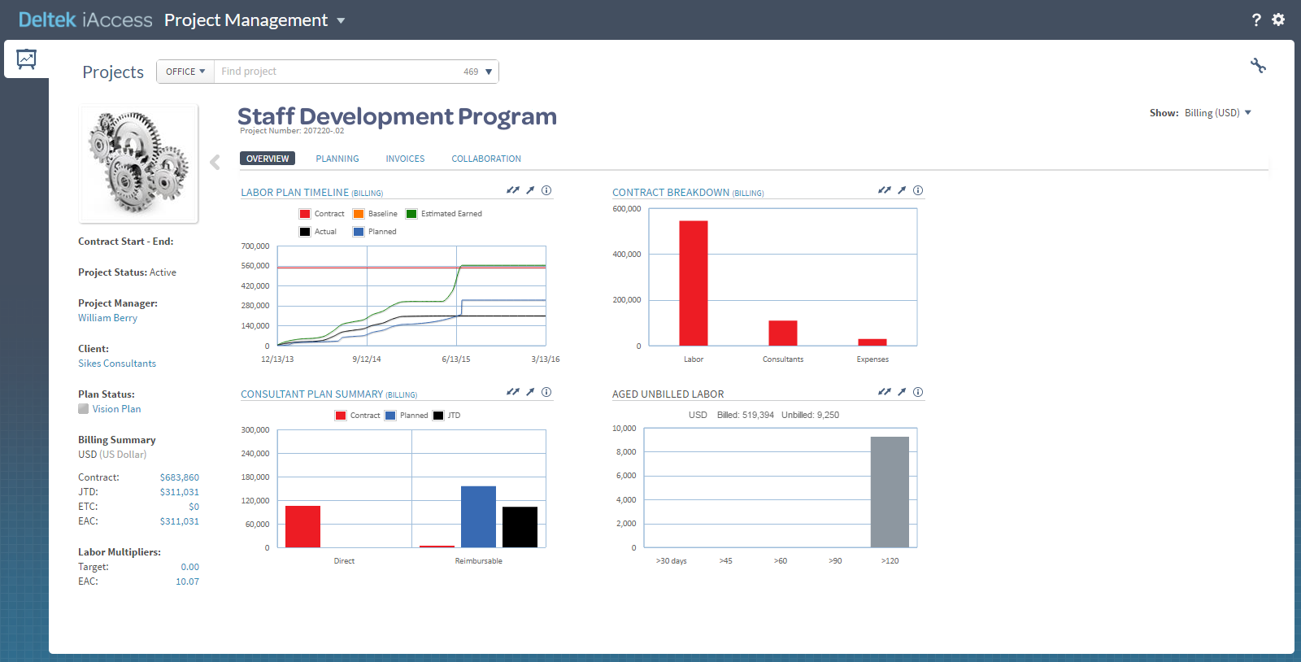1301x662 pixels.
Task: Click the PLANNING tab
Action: [337, 159]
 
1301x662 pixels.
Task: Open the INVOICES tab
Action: [405, 159]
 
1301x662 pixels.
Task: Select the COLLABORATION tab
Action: [485, 159]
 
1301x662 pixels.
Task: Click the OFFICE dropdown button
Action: [185, 72]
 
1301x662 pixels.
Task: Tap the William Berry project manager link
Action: [107, 318]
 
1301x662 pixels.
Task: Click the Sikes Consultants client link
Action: [117, 364]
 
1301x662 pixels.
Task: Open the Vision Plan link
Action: [116, 409]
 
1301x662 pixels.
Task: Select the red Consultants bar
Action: [782, 333]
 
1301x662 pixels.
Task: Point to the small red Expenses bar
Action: [872, 342]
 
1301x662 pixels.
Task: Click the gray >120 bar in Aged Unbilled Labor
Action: [890, 491]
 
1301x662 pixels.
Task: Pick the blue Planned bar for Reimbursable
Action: [478, 516]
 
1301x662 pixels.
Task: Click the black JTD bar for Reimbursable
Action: [520, 526]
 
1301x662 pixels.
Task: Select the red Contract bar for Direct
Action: [302, 526]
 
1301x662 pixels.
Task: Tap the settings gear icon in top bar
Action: [1278, 20]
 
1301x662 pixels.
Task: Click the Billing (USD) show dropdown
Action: [1216, 113]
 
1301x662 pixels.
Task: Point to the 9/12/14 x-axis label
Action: [366, 359]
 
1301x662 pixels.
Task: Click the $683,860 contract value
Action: [179, 477]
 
